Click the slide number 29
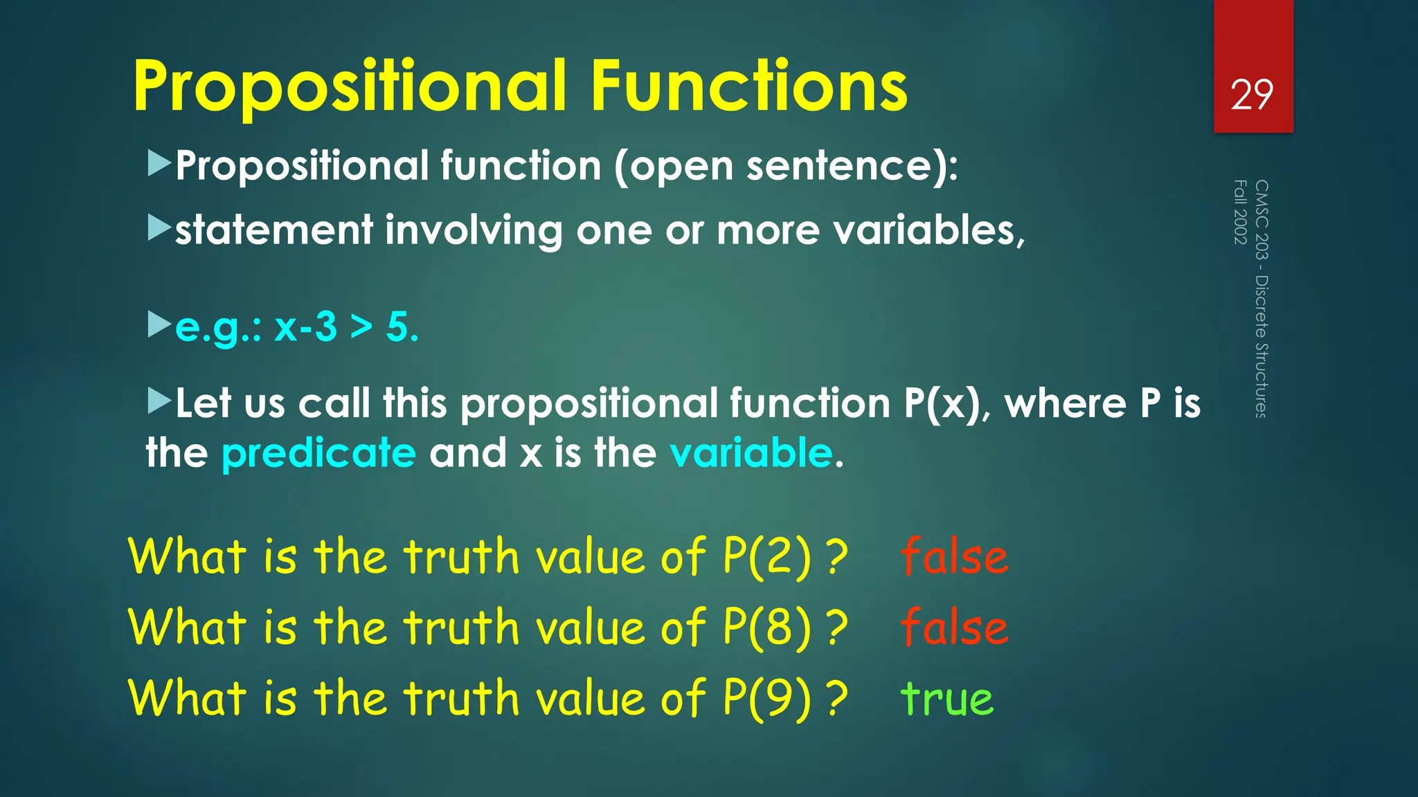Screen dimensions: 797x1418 pyautogui.click(x=1252, y=95)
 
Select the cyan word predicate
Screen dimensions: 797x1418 pyautogui.click(x=318, y=453)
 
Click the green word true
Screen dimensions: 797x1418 pyautogui.click(x=946, y=699)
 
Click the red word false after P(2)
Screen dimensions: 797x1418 pyautogui.click(x=954, y=557)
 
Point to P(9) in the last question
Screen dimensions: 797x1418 pyautogui.click(x=767, y=699)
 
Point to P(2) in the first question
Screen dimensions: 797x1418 pyautogui.click(x=767, y=557)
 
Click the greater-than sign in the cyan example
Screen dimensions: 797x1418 pyautogui.click(x=361, y=328)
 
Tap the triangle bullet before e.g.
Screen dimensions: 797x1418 pyautogui.click(x=159, y=324)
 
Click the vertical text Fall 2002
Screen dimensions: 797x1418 pyautogui.click(x=1240, y=212)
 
